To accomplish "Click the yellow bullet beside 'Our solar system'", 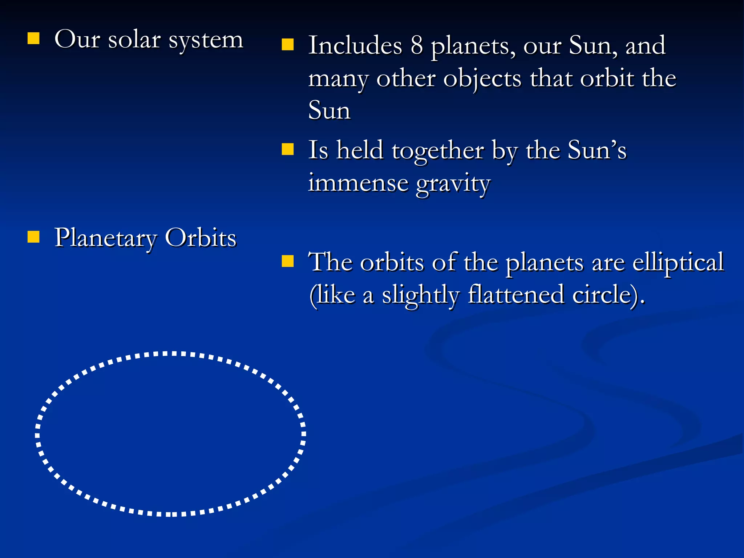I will coord(33,38).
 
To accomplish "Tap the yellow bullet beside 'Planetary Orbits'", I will coord(33,236).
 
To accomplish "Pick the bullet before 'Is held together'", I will coord(288,149).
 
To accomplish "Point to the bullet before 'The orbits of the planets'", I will coord(288,261).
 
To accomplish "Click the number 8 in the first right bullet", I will coord(417,45).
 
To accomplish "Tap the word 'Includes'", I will coord(355,45).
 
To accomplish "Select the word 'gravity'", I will coord(453,183).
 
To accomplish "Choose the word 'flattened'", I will coord(516,294).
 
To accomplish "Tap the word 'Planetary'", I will coord(105,239).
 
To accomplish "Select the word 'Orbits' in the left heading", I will coord(201,238).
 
